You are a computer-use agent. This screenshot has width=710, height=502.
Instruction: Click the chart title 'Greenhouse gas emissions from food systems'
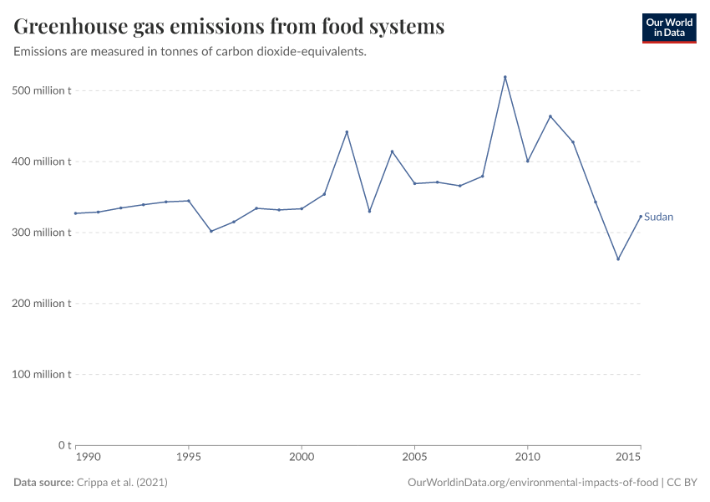tap(229, 27)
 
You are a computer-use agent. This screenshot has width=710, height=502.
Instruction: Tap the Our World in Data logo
tap(668, 28)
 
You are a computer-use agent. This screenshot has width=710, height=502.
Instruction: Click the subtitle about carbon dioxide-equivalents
tap(190, 52)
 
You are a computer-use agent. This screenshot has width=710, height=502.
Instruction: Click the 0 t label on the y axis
tap(63, 445)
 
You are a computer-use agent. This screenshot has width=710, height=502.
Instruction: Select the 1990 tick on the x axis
tap(88, 458)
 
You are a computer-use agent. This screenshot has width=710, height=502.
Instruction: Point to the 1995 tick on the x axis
tap(189, 458)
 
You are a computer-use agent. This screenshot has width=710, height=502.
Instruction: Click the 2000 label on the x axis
tap(302, 458)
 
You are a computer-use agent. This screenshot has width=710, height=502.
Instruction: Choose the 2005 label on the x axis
tap(414, 458)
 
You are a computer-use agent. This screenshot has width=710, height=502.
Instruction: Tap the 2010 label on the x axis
tap(527, 458)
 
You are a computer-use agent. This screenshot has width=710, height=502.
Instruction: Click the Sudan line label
tap(658, 217)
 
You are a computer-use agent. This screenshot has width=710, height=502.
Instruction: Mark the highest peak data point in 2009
tap(505, 77)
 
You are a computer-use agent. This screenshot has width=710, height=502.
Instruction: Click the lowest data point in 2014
tap(618, 259)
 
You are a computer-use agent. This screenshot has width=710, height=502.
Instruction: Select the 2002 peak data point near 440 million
tap(347, 132)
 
